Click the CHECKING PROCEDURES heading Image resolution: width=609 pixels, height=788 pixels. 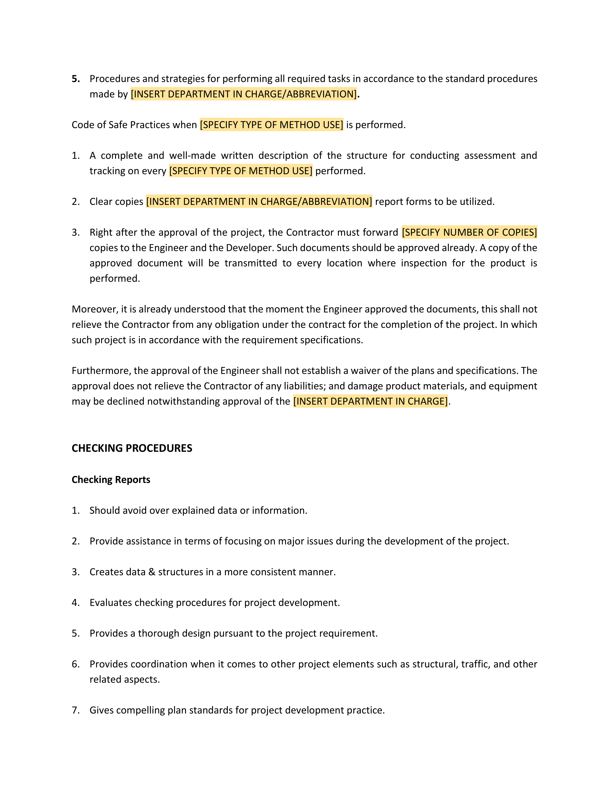132,448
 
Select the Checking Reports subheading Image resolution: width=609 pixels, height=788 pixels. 111,479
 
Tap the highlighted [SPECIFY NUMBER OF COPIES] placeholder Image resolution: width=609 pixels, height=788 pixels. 469,232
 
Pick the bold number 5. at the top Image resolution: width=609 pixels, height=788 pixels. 76,79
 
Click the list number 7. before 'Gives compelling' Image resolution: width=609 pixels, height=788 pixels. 75,710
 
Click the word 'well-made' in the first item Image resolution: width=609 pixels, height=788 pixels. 192,155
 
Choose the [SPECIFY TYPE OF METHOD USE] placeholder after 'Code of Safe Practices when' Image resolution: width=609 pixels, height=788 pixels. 271,125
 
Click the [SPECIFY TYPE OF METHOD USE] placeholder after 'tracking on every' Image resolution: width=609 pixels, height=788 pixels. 241,171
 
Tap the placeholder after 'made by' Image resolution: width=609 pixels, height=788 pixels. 244,94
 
